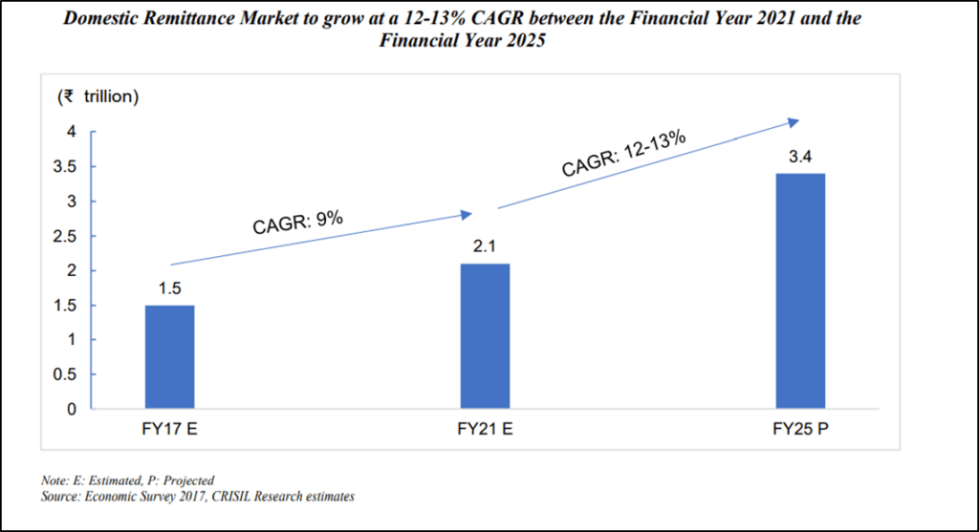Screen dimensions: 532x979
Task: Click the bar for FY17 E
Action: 169,357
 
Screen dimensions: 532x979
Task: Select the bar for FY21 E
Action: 485,336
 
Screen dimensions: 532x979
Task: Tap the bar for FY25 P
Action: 800,291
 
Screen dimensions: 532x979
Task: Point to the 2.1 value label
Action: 485,247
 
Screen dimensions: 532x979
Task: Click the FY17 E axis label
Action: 169,429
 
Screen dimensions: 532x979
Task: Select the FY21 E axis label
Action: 485,429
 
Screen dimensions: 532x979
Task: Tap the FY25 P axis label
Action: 800,429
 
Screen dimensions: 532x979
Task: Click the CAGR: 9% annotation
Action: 297,223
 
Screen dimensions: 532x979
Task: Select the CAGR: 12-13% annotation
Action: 623,153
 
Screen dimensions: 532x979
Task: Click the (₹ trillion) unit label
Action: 99,96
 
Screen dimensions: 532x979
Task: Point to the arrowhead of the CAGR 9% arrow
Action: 467,215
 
